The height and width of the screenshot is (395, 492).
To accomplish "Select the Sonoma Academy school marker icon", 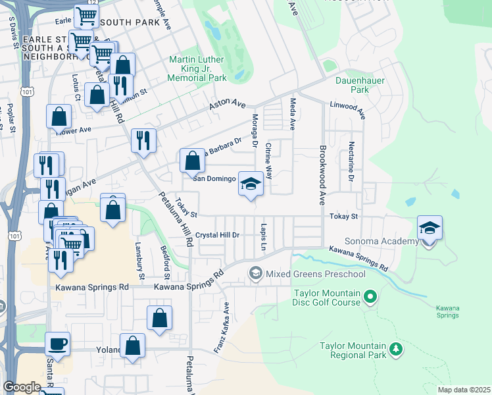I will pyautogui.click(x=430, y=229).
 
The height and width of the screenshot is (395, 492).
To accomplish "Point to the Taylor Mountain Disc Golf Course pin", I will pyautogui.click(x=370, y=298).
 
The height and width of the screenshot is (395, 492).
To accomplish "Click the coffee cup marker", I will pyautogui.click(x=58, y=344).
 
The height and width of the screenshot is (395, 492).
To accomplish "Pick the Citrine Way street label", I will pyautogui.click(x=268, y=163).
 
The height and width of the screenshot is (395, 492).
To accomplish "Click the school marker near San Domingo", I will pyautogui.click(x=251, y=184).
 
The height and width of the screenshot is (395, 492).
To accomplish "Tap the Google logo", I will pyautogui.click(x=22, y=387).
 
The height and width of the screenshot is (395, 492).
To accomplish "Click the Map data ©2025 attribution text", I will pyautogui.click(x=464, y=390).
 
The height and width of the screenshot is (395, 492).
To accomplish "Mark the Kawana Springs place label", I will pyautogui.click(x=448, y=311).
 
